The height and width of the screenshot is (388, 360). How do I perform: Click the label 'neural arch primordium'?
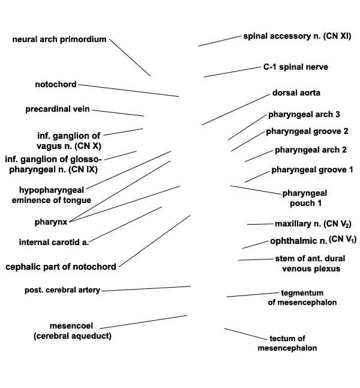click(59, 40)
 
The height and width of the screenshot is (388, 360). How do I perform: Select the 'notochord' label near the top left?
click(56, 84)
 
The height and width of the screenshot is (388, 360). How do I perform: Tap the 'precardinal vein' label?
click(58, 109)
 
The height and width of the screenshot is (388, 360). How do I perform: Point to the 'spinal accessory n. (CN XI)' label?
click(297, 36)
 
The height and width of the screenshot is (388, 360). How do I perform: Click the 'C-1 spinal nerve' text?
click(296, 67)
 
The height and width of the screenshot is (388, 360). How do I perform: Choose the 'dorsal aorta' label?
click(296, 92)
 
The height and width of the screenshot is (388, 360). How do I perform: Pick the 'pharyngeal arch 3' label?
click(304, 114)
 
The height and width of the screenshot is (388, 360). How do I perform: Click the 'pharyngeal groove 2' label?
click(307, 131)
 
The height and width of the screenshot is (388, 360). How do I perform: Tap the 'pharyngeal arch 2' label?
click(311, 150)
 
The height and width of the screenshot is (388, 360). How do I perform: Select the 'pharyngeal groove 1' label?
click(312, 170)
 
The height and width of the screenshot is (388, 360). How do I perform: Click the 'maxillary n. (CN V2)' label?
click(313, 223)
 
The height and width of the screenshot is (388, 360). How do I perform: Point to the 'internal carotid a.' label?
click(54, 242)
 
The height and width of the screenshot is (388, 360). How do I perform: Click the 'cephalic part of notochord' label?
click(61, 267)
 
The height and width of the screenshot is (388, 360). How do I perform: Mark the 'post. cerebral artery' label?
click(62, 290)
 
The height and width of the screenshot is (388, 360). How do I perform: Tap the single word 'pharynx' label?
click(51, 222)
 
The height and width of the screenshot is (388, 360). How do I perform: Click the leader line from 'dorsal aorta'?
click(236, 110)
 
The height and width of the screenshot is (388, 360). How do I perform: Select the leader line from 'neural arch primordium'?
click(130, 58)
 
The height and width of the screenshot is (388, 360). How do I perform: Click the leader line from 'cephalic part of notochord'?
click(155, 241)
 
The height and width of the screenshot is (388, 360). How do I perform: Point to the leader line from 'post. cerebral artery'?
click(146, 289)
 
